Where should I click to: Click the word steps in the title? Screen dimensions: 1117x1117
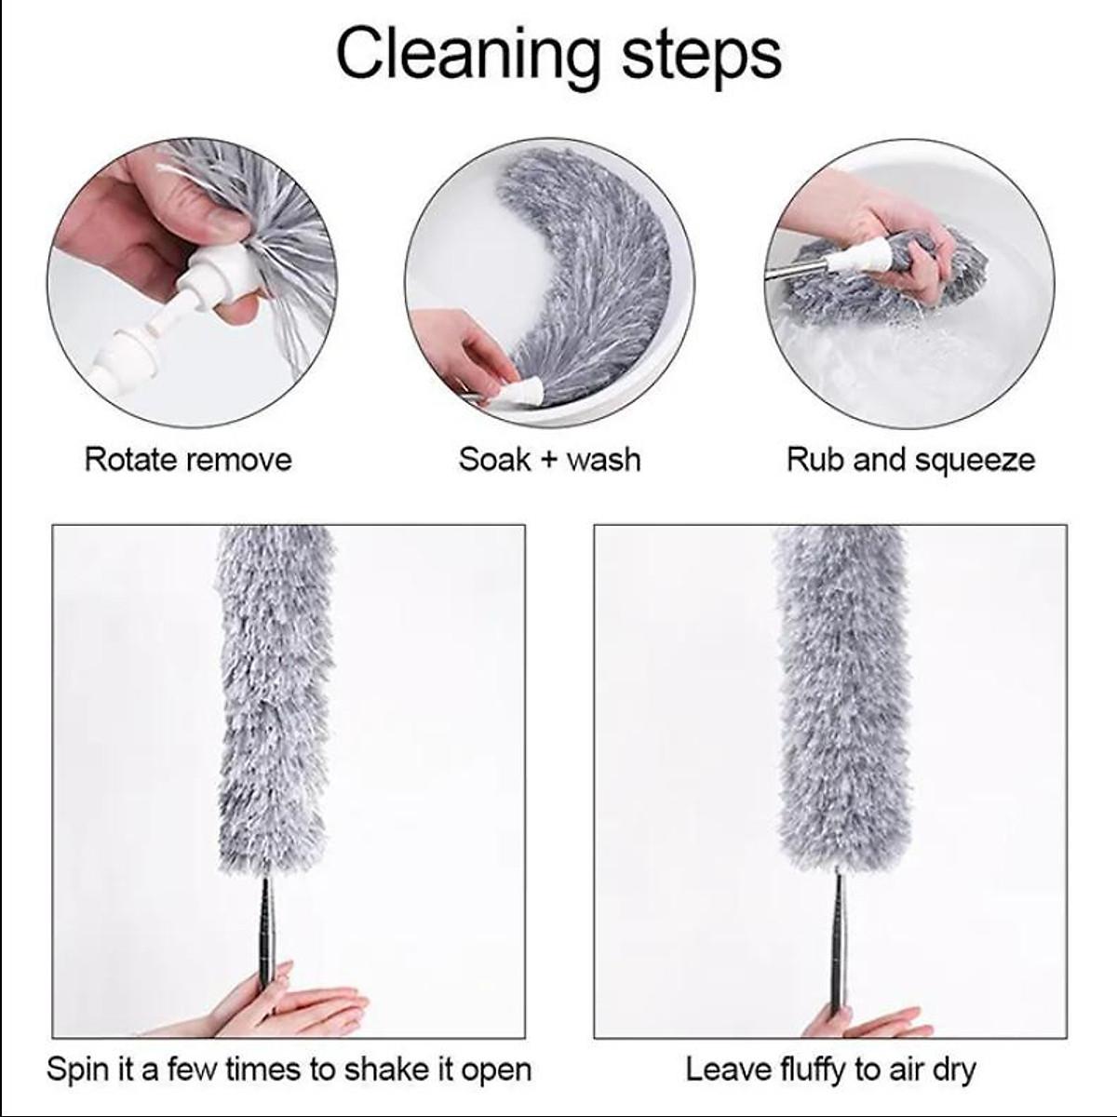pos(702,57)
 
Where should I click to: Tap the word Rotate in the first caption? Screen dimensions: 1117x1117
pos(129,460)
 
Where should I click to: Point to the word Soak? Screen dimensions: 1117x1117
pos(494,460)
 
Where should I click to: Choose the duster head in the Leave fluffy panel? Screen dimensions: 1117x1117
pos(842,698)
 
